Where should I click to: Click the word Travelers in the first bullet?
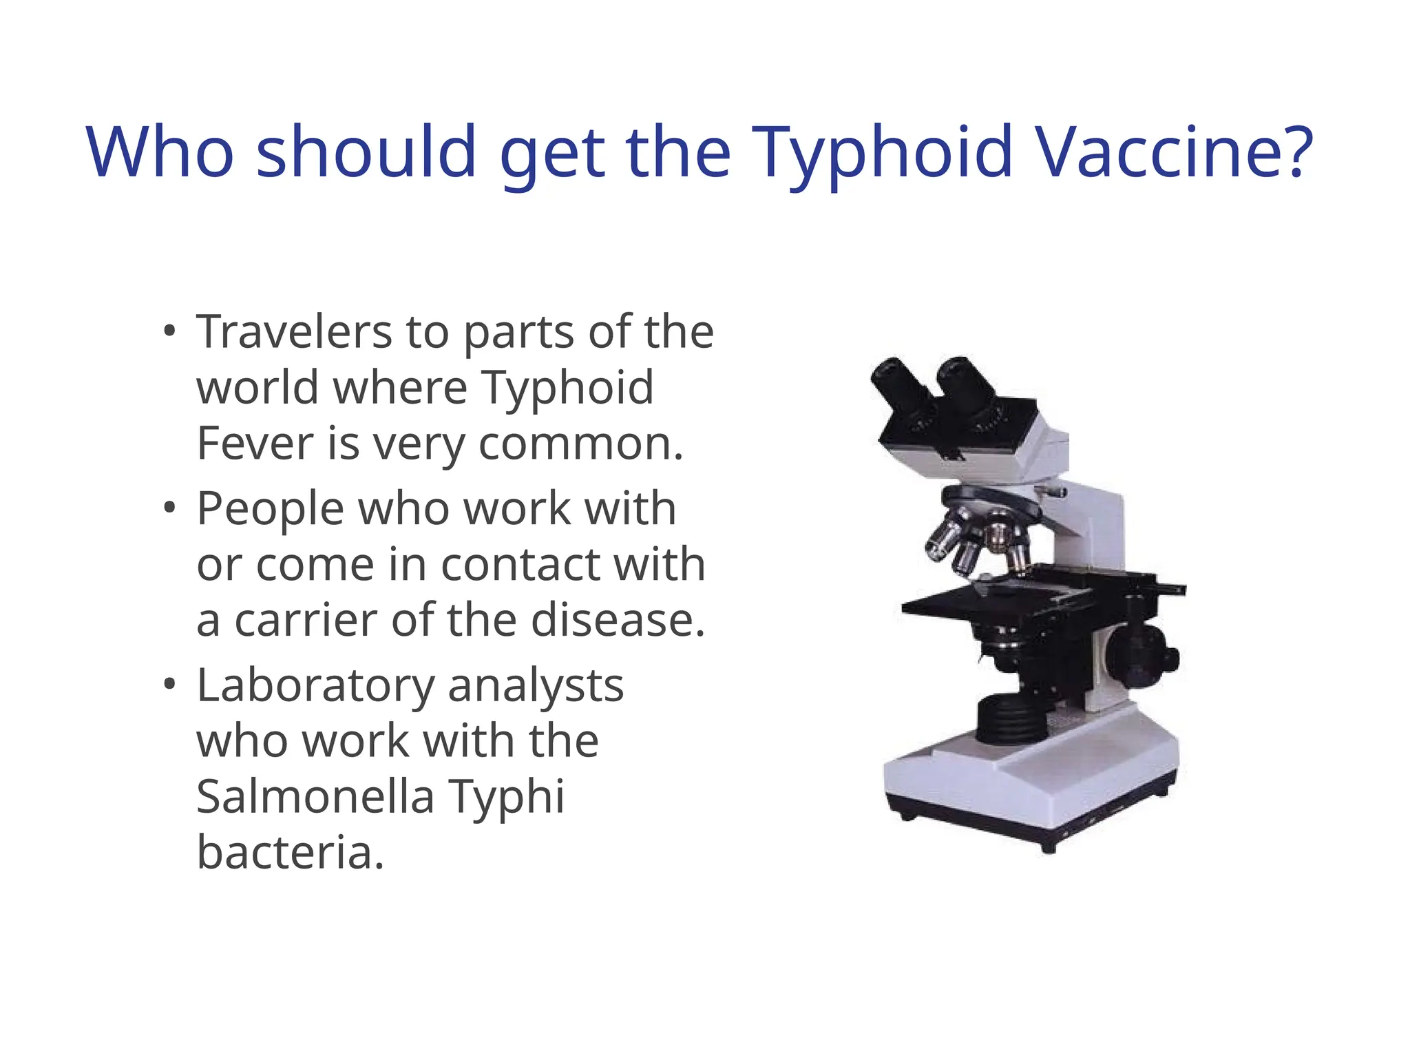coord(294,332)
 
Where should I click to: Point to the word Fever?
coord(255,444)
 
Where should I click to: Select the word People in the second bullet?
coord(270,510)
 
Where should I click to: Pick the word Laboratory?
coord(315,687)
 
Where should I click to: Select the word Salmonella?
coord(315,796)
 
